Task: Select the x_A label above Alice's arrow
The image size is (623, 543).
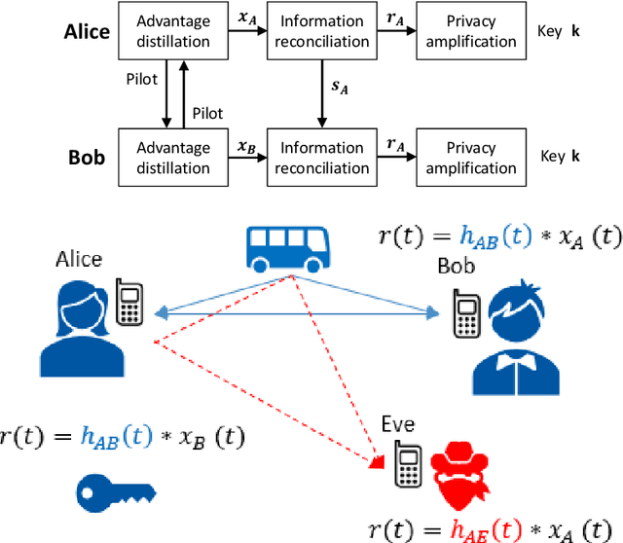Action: (247, 18)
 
